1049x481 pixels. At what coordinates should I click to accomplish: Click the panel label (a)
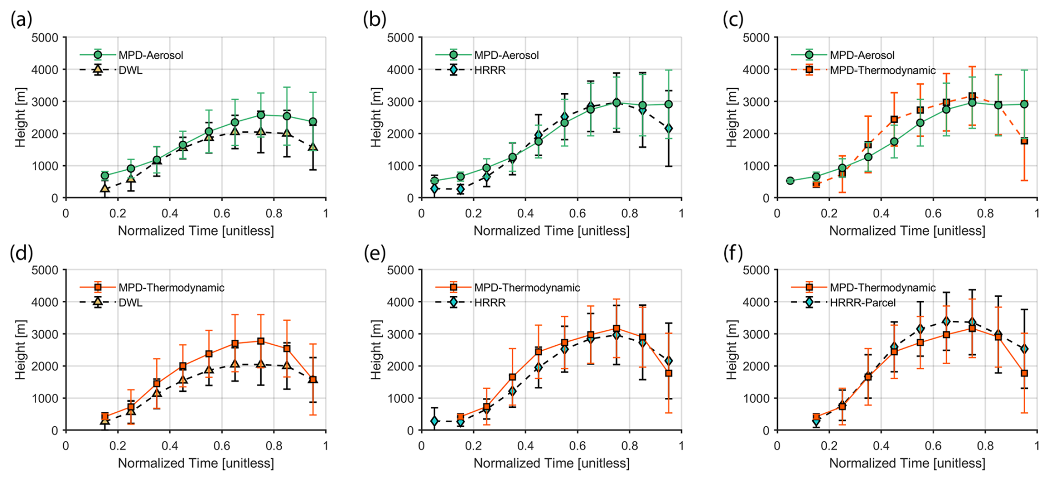coord(21,19)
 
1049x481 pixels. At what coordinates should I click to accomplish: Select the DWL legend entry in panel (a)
coord(130,70)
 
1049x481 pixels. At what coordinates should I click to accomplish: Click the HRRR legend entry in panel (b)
coord(490,70)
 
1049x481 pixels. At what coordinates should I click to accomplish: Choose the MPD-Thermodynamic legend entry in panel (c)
coord(882,70)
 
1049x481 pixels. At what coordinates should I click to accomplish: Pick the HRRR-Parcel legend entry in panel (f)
coord(862,303)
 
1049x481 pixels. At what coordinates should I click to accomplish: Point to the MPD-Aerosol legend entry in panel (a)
coord(150,55)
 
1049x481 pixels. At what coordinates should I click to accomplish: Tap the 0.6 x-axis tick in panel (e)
coord(577,446)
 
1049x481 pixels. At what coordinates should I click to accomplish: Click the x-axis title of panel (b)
coord(551,231)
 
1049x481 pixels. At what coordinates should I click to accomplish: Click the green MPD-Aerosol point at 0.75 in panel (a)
coord(261,115)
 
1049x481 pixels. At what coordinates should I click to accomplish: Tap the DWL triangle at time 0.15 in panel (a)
coord(105,188)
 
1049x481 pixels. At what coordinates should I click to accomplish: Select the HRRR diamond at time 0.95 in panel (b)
coord(669,129)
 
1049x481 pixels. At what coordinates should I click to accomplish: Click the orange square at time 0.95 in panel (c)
coord(1024,141)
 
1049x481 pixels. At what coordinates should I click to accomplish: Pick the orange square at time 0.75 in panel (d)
coord(261,341)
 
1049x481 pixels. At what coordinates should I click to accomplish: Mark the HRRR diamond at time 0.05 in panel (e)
coord(435,422)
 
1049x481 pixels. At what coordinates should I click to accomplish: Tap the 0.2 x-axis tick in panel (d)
coord(118,446)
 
